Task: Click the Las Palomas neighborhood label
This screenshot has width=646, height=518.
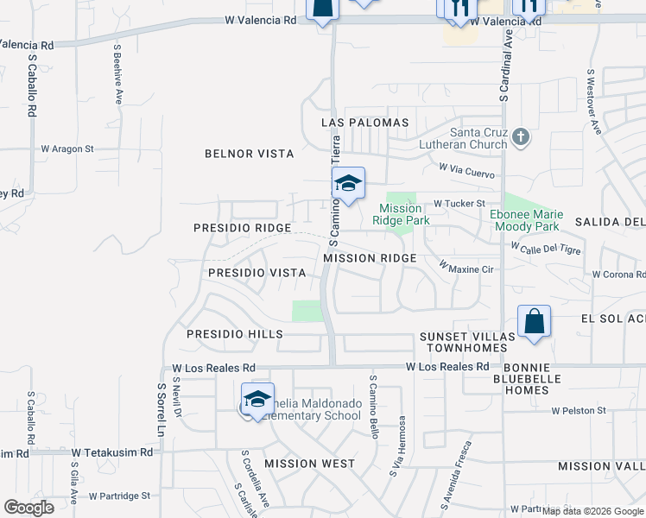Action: (x=364, y=123)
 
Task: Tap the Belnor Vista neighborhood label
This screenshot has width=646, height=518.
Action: (x=249, y=154)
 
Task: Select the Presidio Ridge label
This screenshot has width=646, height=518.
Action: (x=241, y=228)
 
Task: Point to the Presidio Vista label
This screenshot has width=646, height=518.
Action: (x=257, y=273)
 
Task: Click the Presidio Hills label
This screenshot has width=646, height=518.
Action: (x=235, y=333)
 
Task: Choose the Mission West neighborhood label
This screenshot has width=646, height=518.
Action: (x=309, y=464)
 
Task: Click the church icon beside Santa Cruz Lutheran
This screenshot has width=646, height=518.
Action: (x=520, y=136)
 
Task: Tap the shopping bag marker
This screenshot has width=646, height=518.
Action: (x=535, y=321)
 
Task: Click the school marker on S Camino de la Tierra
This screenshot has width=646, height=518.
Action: (x=348, y=184)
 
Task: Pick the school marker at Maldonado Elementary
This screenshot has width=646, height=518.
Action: (x=257, y=400)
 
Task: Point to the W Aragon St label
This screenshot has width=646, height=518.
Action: (x=67, y=148)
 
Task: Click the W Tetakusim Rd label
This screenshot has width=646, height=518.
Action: (x=112, y=452)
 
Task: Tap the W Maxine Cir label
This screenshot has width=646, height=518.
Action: (x=466, y=268)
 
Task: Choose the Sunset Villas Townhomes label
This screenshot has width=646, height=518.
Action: (x=463, y=342)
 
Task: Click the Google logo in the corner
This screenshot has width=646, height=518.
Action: (x=28, y=508)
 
